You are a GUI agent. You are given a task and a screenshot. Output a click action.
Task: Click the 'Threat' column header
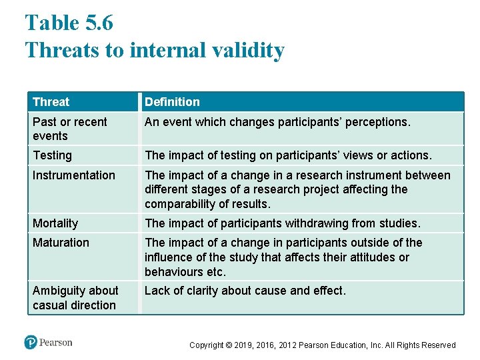coord(51,102)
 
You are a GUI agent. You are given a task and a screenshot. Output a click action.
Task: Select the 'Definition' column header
coord(172,102)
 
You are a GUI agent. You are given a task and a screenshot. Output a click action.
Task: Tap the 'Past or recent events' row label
coord(69,129)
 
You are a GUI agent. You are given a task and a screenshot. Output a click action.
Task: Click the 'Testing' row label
coord(52,155)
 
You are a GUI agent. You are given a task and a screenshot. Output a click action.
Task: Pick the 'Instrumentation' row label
coord(73,175)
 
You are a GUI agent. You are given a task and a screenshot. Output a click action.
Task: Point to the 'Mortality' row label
coord(55,223)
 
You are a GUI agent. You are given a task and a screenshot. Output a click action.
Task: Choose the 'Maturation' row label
coord(61,243)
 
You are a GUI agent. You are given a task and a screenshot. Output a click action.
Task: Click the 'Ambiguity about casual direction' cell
coord(75,298)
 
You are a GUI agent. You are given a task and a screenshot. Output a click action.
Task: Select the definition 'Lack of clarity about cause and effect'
coord(245,291)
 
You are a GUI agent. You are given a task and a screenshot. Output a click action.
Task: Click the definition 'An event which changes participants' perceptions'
coord(277,122)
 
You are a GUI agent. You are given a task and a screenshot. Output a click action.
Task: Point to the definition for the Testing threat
coord(288,155)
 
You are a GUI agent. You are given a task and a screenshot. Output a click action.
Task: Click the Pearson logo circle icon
coord(31,343)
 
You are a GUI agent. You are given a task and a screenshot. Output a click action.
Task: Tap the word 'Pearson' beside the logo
coord(56,343)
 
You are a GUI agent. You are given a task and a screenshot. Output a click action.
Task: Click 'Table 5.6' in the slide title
coord(69,23)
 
